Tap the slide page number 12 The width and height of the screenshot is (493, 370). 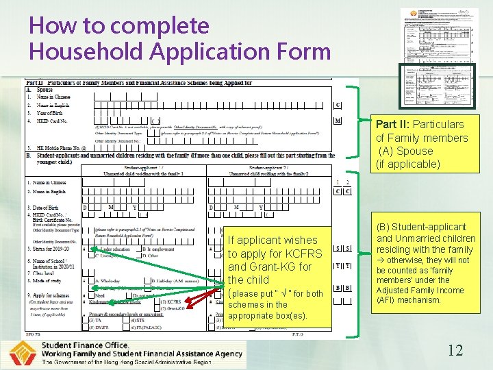455,350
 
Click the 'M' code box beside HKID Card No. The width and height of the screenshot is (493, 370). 338,121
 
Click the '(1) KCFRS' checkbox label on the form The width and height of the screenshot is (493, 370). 169,301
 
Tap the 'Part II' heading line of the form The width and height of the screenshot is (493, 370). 137,83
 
